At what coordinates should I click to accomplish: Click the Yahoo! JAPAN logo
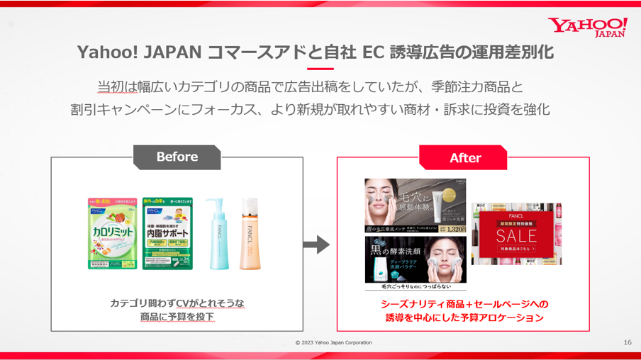click(x=587, y=27)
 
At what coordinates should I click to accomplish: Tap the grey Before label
click(x=177, y=157)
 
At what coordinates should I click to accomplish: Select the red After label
click(x=464, y=158)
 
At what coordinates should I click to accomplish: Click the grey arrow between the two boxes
click(x=316, y=244)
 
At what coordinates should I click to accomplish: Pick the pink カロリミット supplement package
click(x=113, y=233)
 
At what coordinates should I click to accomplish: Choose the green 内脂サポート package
click(x=167, y=233)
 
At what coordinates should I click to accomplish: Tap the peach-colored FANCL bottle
click(x=250, y=234)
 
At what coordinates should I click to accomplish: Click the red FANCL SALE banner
click(x=516, y=234)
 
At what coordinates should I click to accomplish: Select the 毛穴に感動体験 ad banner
click(x=416, y=206)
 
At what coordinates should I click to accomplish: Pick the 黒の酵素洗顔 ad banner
click(x=416, y=263)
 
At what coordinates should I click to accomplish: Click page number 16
click(x=627, y=343)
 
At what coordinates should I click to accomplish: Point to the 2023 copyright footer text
click(x=333, y=343)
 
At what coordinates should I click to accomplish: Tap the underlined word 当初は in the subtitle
click(x=118, y=87)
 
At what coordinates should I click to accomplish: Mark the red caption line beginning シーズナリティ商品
click(x=464, y=304)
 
